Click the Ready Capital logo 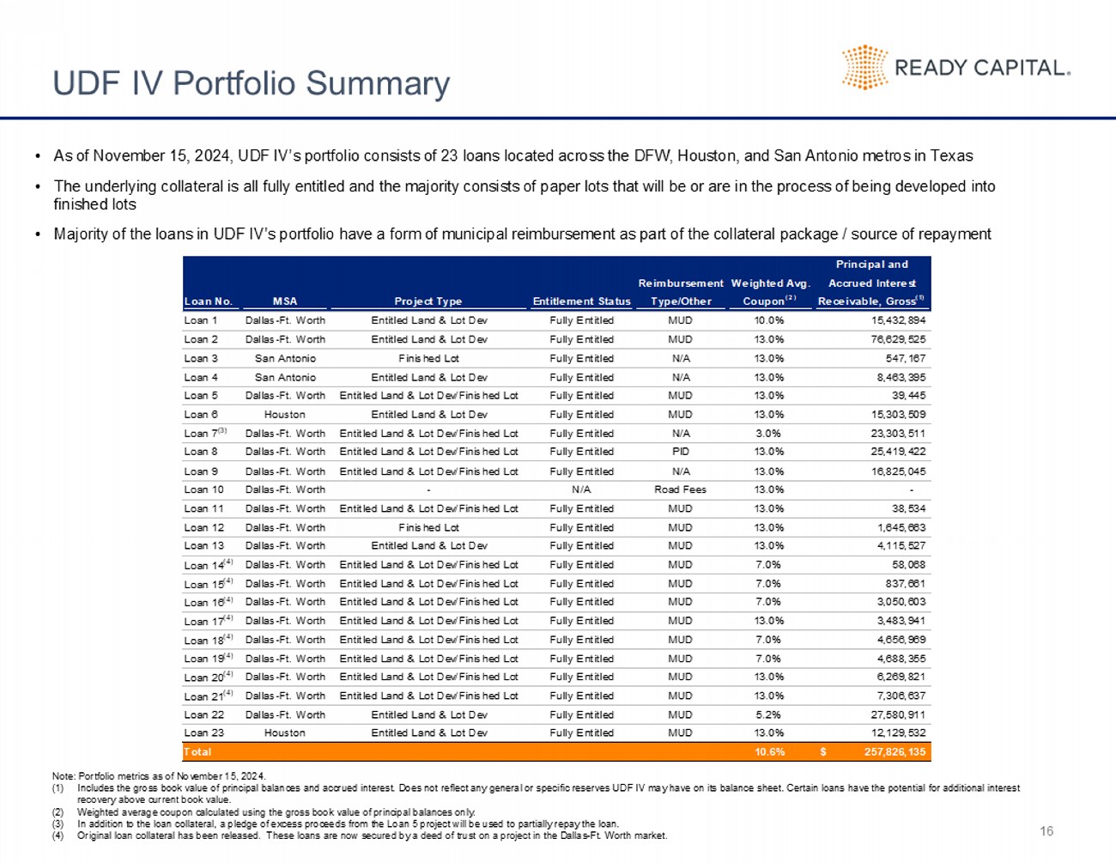pos(955,68)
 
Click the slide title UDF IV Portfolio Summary pos(251,83)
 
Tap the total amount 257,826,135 pos(895,751)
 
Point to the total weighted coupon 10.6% pos(769,751)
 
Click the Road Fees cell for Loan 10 pos(680,489)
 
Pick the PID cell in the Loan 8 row pos(680,452)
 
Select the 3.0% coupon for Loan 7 pos(767,434)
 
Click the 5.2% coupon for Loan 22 pos(767,714)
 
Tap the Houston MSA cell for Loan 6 pos(285,415)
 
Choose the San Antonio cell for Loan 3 pos(285,358)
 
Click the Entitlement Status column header pos(581,301)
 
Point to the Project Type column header pos(428,301)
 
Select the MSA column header pos(285,301)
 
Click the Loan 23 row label pos(203,733)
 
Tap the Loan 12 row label pos(203,527)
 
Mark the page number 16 pos(1046,831)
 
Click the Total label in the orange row pos(197,751)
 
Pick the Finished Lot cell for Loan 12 pos(428,527)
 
